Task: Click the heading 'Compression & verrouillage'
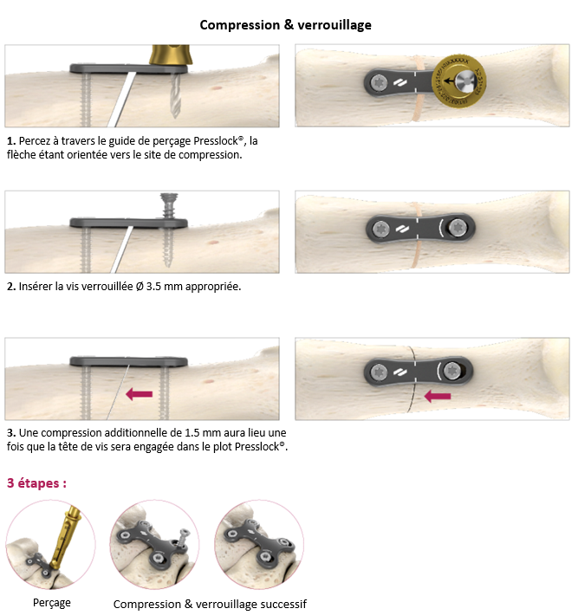[x=285, y=25]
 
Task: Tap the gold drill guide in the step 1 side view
[x=171, y=55]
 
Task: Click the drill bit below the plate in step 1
[x=175, y=95]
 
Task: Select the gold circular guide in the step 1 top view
[x=458, y=81]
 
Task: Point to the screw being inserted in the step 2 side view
[x=169, y=207]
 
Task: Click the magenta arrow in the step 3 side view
[x=139, y=394]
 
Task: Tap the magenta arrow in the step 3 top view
[x=438, y=396]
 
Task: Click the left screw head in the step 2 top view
[x=380, y=229]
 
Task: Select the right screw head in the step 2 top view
[x=458, y=227]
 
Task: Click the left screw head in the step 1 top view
[x=379, y=83]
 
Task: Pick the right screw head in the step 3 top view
[x=452, y=370]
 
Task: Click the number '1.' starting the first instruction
[x=11, y=141]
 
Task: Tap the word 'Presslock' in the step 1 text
[x=216, y=141]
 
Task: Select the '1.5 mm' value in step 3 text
[x=203, y=432]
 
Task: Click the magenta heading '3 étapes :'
[x=36, y=483]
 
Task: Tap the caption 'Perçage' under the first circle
[x=52, y=603]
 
